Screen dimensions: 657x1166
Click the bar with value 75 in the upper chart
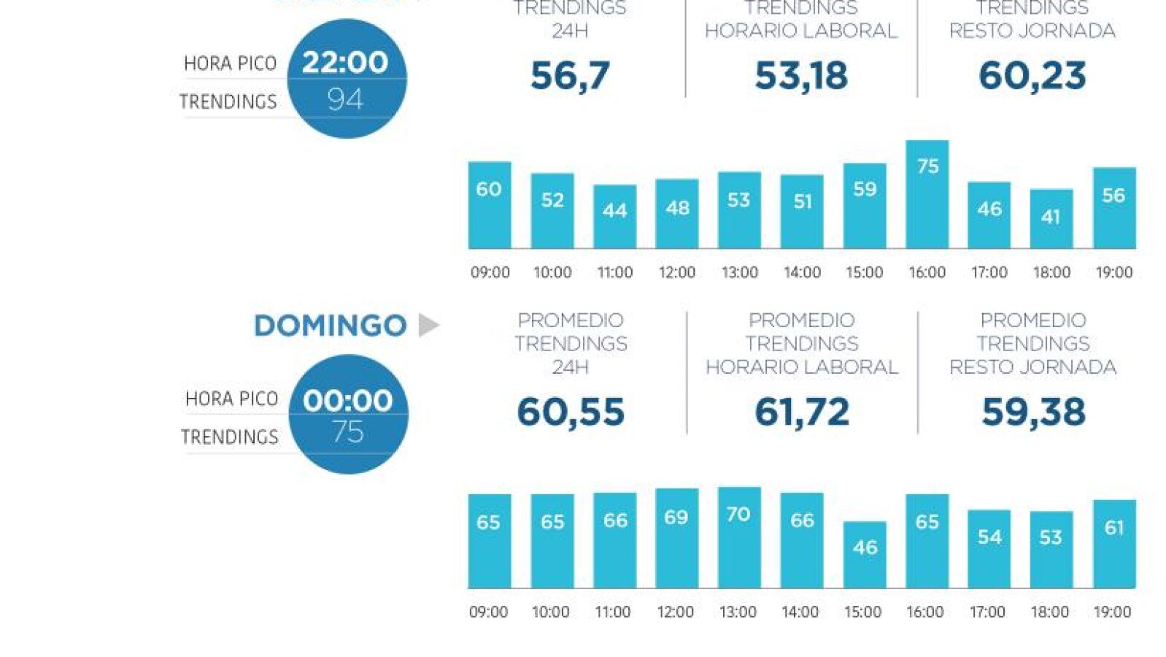pyautogui.click(x=927, y=194)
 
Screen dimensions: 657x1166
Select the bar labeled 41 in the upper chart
pyautogui.click(x=1051, y=219)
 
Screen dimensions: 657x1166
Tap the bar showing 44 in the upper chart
pyautogui.click(x=614, y=217)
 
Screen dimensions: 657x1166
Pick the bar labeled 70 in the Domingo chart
pyautogui.click(x=739, y=537)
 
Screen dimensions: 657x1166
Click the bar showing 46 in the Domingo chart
pyautogui.click(x=865, y=555)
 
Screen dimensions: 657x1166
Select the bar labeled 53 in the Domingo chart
pyautogui.click(x=1051, y=549)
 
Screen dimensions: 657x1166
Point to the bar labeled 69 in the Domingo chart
pyautogui.click(x=676, y=538)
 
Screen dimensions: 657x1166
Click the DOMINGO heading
pyautogui.click(x=330, y=326)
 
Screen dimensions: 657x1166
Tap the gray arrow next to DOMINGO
pyautogui.click(x=429, y=325)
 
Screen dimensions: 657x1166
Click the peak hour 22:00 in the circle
pyautogui.click(x=345, y=62)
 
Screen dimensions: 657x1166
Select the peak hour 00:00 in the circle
pyautogui.click(x=348, y=400)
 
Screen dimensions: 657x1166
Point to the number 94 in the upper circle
pyautogui.click(x=345, y=99)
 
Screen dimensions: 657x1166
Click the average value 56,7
pyautogui.click(x=570, y=75)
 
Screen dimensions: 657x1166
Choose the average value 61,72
pyautogui.click(x=801, y=412)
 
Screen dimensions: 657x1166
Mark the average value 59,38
pyautogui.click(x=1032, y=412)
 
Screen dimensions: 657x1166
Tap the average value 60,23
pyautogui.click(x=1032, y=75)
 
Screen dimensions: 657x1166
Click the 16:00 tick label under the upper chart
pyautogui.click(x=927, y=272)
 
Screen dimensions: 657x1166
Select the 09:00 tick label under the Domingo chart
pyautogui.click(x=488, y=612)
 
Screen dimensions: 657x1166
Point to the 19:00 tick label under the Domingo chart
pyautogui.click(x=1112, y=612)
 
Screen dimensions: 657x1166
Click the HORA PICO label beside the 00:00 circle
pyautogui.click(x=231, y=399)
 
